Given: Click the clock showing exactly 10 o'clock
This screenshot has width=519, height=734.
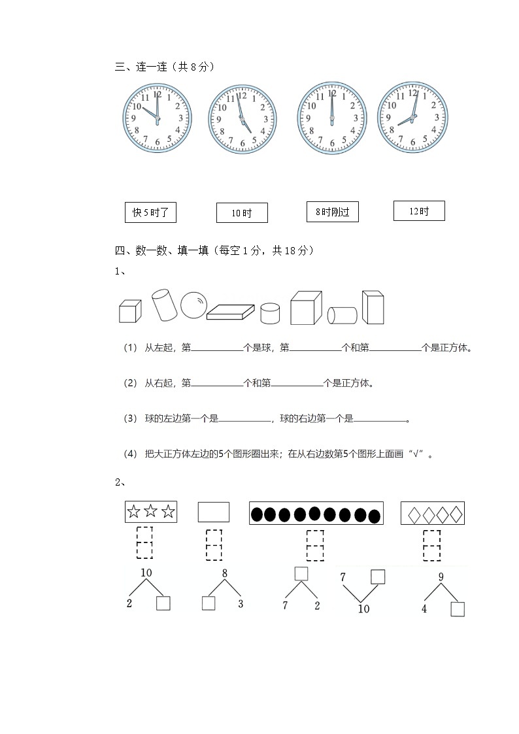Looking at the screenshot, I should [x=157, y=118].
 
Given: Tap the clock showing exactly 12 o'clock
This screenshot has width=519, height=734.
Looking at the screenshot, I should [x=331, y=118].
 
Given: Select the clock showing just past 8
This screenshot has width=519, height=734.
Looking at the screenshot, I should [x=412, y=118].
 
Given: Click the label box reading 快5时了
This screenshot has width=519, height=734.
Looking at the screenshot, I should [x=150, y=212].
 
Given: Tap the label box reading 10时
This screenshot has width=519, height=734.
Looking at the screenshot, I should [x=241, y=213].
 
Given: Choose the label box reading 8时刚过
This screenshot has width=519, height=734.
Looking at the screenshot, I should [x=332, y=212].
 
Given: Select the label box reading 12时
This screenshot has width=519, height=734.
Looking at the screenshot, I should [x=419, y=210].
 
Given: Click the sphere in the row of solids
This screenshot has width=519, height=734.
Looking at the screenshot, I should [x=193, y=305].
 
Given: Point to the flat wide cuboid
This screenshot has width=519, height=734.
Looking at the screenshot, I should [x=231, y=312].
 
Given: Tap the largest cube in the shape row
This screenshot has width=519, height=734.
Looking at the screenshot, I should [x=305, y=308].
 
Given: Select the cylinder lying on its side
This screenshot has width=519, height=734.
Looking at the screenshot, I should [x=342, y=315].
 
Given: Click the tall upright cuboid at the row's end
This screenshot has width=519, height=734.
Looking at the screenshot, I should [x=373, y=307].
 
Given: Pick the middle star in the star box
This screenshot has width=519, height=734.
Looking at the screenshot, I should [x=151, y=512].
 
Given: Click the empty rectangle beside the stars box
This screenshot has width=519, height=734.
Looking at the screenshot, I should [x=213, y=512].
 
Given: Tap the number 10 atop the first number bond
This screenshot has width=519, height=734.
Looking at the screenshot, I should [x=146, y=573].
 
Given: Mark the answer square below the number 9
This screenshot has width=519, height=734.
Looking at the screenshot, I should [x=458, y=609].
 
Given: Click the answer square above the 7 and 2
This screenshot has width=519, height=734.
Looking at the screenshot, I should [x=301, y=574].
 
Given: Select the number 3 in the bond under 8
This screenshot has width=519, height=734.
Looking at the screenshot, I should [x=241, y=604].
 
